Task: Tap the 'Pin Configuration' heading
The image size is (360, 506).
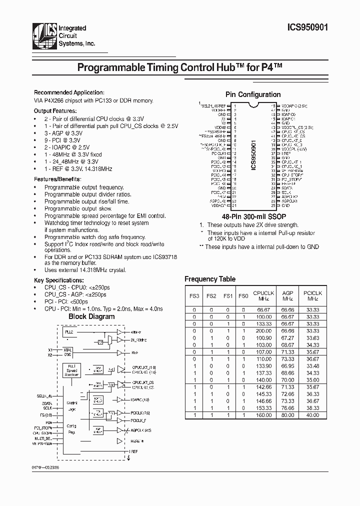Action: [x=252, y=94]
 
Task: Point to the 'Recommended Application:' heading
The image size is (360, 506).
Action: [x=69, y=92]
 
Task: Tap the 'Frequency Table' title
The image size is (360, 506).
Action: [x=210, y=279]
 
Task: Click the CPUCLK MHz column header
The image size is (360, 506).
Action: [x=263, y=295]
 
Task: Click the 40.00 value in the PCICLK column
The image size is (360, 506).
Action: [x=313, y=414]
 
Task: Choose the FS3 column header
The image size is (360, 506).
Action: [x=194, y=296]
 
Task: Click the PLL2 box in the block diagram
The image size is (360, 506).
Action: [x=68, y=331]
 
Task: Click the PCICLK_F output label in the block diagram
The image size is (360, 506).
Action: [x=139, y=420]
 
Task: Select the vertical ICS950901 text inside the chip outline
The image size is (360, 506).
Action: [x=253, y=155]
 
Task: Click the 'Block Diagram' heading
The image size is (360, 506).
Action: [x=91, y=316]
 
